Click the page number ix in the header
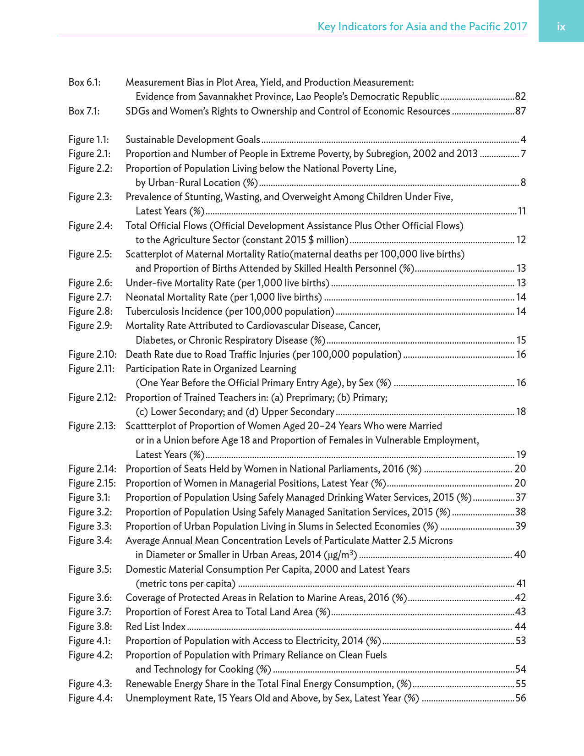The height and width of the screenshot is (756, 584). tap(561, 27)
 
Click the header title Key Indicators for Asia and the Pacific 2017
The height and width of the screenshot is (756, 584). tap(422, 27)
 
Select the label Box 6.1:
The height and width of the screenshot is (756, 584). tap(84, 82)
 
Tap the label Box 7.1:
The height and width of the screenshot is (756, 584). tap(84, 111)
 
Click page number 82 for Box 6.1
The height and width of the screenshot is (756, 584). tap(520, 97)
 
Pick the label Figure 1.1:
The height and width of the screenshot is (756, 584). tap(89, 140)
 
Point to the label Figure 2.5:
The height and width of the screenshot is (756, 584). tap(90, 254)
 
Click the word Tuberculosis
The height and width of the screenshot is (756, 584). tap(151, 312)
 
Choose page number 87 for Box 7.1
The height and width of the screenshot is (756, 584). tap(520, 111)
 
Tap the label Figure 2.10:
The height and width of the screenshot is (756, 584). tap(92, 355)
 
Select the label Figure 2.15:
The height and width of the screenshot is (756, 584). tap(92, 483)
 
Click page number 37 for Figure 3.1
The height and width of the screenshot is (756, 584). tap(520, 498)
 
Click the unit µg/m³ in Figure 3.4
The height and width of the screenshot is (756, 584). tap(341, 555)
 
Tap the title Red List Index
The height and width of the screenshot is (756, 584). tap(156, 626)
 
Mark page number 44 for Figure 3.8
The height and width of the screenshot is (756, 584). tap(520, 626)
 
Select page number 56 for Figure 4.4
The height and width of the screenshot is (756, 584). tap(520, 698)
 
